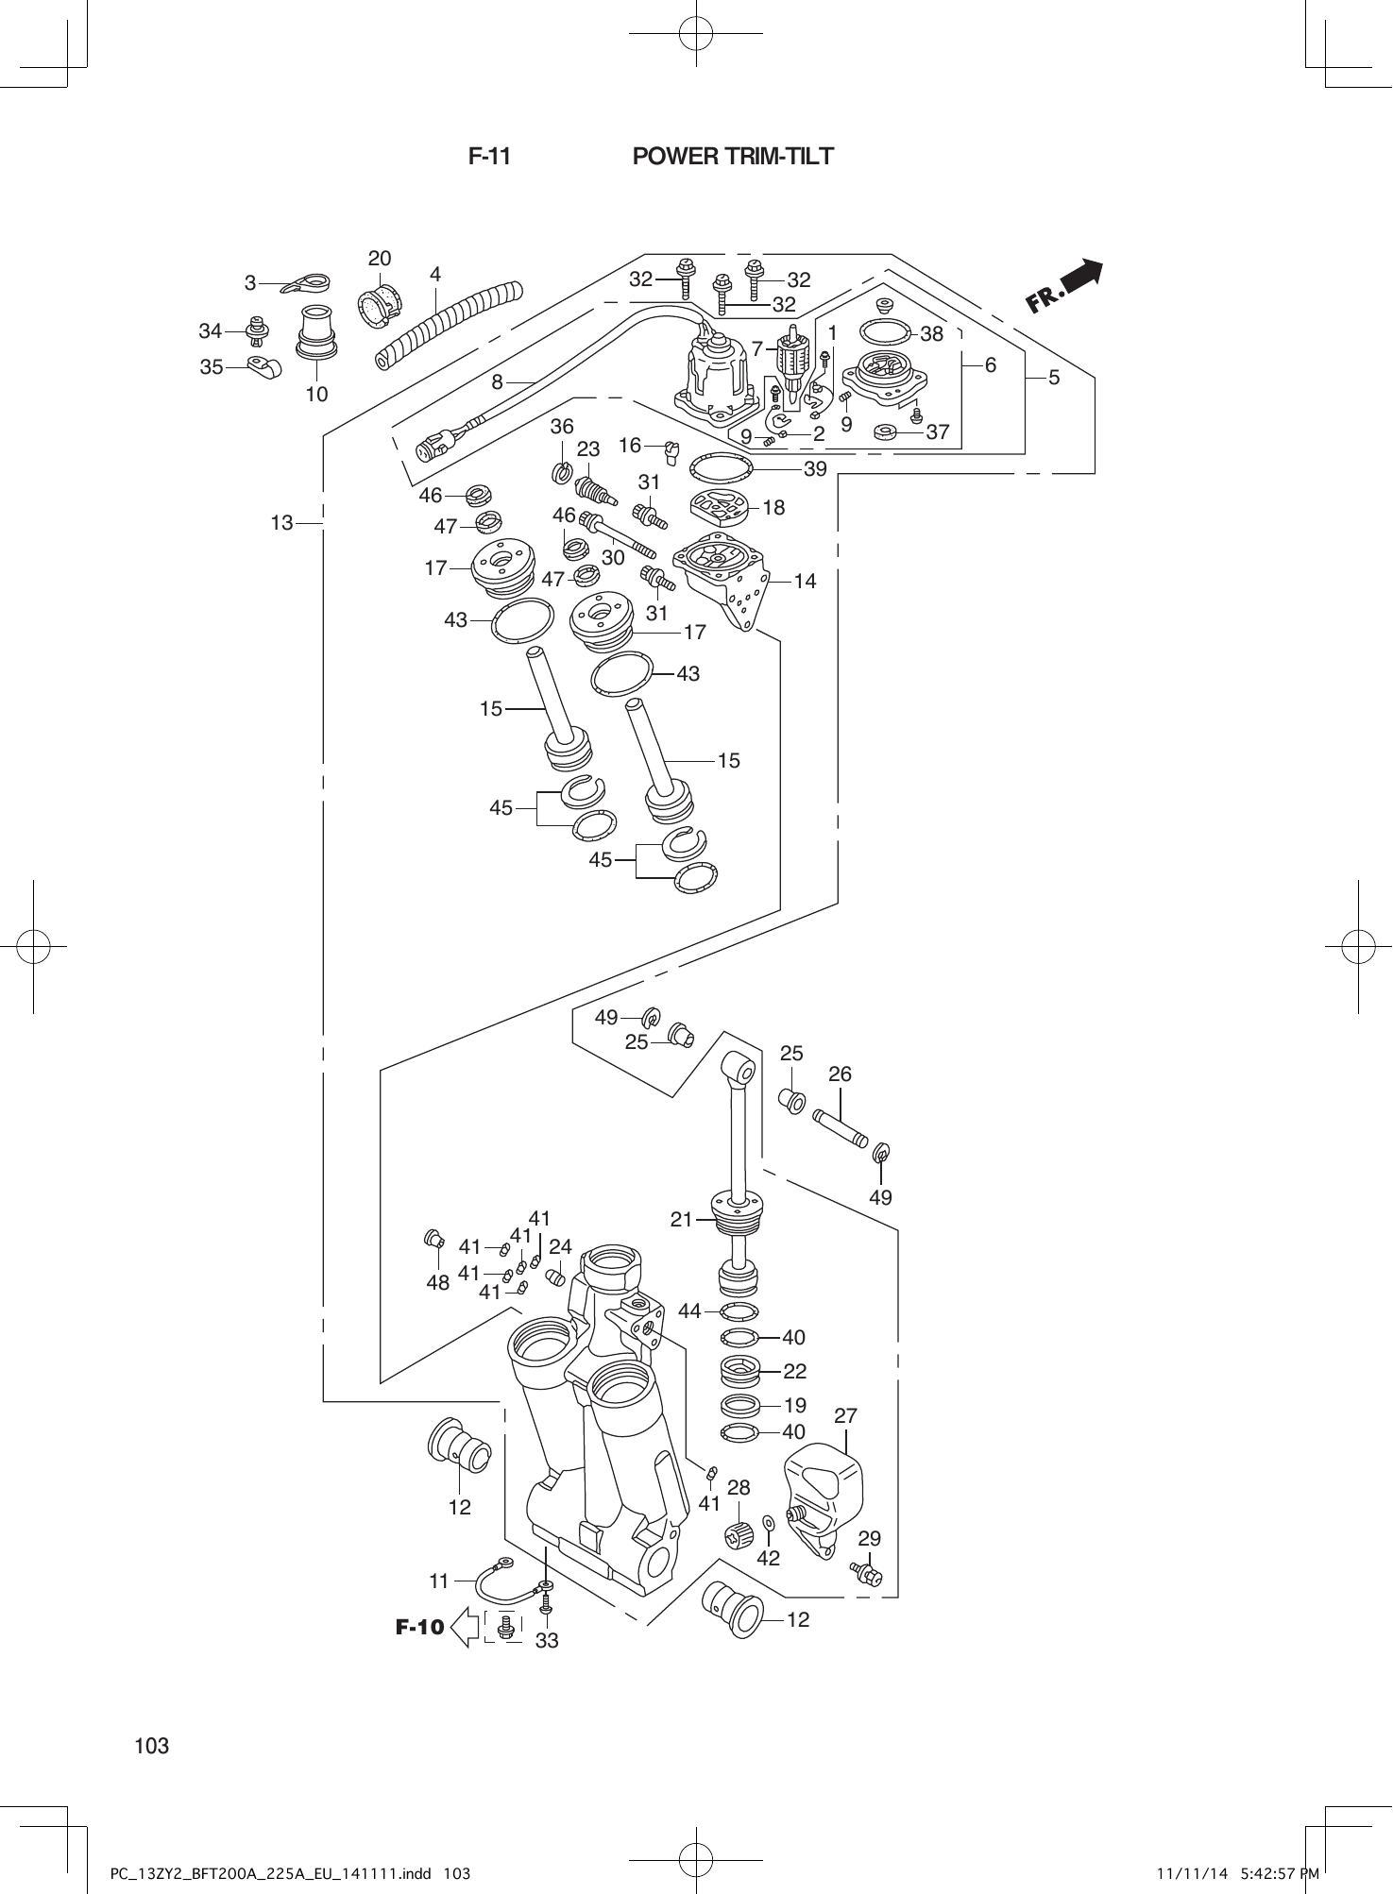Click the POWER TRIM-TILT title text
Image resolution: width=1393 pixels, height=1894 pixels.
tap(733, 157)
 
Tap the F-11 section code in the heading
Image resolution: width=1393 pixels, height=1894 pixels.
tap(489, 157)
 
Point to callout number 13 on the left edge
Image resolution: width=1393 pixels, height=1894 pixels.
tap(281, 522)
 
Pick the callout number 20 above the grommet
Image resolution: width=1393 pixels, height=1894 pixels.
tap(380, 259)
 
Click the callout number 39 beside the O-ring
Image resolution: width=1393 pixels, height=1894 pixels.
tap(814, 469)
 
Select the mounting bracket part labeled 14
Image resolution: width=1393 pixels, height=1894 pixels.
tap(725, 576)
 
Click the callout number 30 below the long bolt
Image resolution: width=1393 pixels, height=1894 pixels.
tap(613, 558)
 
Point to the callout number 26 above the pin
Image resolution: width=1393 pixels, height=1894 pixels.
tap(840, 1074)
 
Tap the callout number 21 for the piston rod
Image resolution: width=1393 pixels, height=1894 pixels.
tap(682, 1219)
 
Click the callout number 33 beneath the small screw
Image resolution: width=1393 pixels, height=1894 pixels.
tap(547, 1641)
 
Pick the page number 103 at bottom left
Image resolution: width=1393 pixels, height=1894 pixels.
tap(151, 1746)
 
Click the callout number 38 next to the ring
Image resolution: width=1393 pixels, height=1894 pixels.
tap(931, 333)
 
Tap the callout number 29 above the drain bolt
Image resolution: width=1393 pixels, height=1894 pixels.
tap(869, 1538)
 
